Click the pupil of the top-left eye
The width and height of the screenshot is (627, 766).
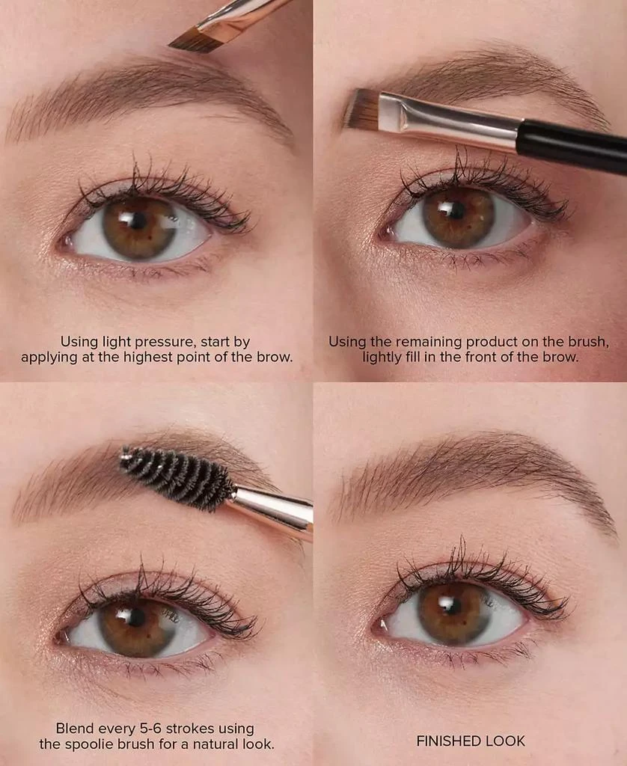(136, 221)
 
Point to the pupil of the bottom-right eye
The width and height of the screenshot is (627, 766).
(452, 604)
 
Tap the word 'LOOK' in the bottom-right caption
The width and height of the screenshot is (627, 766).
(507, 741)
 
